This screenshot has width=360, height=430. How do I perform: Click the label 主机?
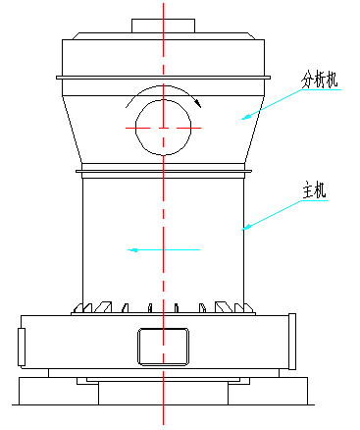coord(315,191)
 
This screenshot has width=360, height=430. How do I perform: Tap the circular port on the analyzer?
coord(163,128)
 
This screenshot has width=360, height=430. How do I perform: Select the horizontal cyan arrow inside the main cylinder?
coord(163,250)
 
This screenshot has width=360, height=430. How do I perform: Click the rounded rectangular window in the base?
coord(163,346)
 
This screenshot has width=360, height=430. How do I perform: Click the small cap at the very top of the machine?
coord(163,25)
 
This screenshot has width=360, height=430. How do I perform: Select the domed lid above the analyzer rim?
coord(163,54)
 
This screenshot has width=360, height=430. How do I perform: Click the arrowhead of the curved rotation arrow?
coord(197,100)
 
